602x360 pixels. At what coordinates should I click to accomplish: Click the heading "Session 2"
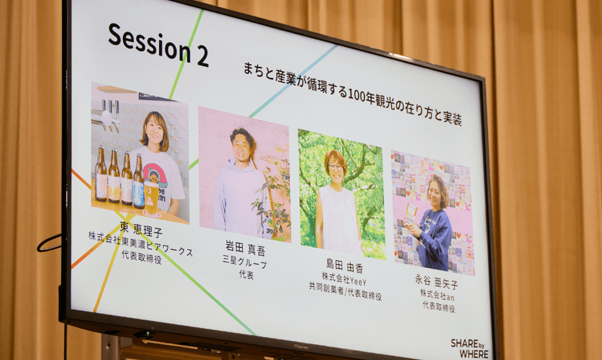point(158,45)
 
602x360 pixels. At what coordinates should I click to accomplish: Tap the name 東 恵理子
point(141,228)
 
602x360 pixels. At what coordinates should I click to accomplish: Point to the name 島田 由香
point(344,266)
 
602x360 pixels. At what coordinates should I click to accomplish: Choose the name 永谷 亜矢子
point(436,281)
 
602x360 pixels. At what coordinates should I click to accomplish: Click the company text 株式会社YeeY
point(344,278)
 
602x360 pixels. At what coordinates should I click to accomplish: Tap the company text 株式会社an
point(437,295)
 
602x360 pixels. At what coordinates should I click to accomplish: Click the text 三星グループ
point(245,262)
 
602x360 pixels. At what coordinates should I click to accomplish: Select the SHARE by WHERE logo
point(470,348)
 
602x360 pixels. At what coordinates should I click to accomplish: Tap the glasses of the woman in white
point(335,168)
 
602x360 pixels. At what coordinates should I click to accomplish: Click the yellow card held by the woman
point(410,213)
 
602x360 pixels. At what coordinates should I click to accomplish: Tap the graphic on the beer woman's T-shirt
point(154,175)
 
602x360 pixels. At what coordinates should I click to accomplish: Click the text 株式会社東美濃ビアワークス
point(141,244)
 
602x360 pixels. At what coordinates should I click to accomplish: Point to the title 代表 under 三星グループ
point(247,274)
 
